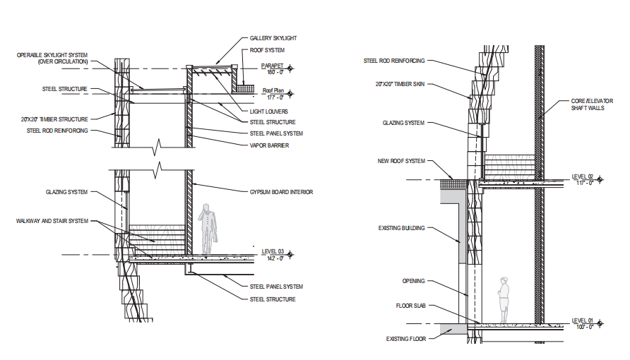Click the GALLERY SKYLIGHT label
pos(273,38)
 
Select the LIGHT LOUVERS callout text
pos(269,112)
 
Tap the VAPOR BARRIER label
pos(269,145)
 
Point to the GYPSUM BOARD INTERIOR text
pos(281,192)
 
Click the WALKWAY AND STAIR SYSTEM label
pos(52,221)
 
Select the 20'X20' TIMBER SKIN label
pos(400,84)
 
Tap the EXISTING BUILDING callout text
pos(401,228)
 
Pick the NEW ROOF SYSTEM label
pos(401,161)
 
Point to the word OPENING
pos(413,281)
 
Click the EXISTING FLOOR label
pos(406,339)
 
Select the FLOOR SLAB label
pos(410,306)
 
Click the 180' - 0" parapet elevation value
pos(275,72)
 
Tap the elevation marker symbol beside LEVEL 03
pos(290,254)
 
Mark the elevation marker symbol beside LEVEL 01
pos(600,323)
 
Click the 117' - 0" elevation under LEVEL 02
pos(585,183)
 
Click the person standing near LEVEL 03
pos(209,229)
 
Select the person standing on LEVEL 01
pos(504,300)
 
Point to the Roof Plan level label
pos(273,90)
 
